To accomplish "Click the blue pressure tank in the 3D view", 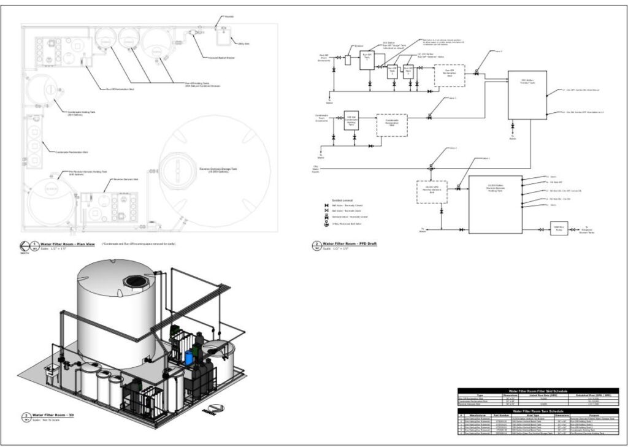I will pyautogui.click(x=188, y=356).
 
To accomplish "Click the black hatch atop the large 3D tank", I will pyautogui.click(x=136, y=281).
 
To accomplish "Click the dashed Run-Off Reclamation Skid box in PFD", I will pyautogui.click(x=449, y=75).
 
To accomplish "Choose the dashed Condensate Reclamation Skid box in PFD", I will pyautogui.click(x=392, y=124).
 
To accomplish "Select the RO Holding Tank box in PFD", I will pyautogui.click(x=495, y=204).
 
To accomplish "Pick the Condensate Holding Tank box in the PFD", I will pyautogui.click(x=351, y=120).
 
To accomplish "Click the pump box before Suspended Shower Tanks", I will pyautogui.click(x=559, y=228).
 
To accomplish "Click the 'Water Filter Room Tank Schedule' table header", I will pyautogui.click(x=538, y=410).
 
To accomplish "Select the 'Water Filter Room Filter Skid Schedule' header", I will pyautogui.click(x=538, y=391).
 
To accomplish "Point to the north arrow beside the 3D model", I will pyautogui.click(x=215, y=409).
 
